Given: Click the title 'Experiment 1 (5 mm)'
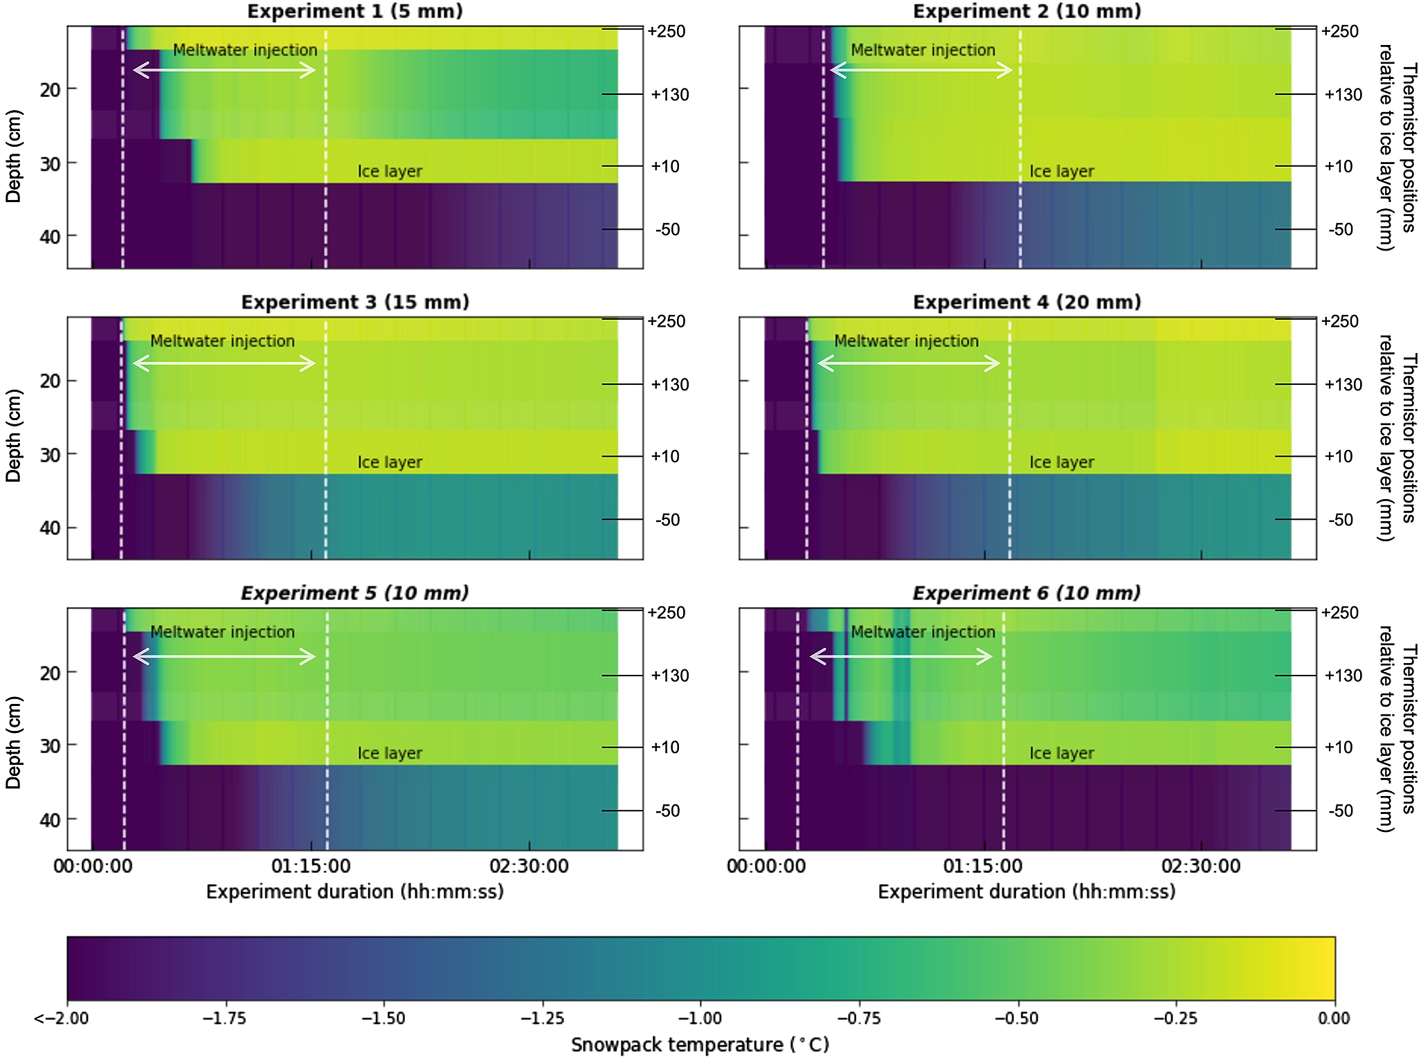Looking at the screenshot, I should pos(355,12).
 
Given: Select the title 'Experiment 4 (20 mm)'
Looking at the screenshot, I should pos(1026,302).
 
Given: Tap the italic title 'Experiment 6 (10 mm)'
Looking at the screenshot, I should pos(1026,593).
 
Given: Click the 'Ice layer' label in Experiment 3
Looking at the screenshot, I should pos(390,462).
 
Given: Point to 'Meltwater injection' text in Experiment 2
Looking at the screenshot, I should pos(923,51).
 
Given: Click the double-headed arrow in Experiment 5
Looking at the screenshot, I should pos(224,656).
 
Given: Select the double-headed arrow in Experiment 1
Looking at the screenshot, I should pos(224,70).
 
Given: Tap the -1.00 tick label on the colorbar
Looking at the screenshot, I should pos(700,1018).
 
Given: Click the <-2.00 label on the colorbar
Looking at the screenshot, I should pos(62,1018).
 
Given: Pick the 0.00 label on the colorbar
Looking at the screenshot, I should pos(1333,1018).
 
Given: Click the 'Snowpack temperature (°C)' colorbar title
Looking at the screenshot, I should pos(700,1044).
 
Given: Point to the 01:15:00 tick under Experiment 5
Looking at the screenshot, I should pos(311,866).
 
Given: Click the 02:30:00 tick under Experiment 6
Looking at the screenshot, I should pos(1201,866).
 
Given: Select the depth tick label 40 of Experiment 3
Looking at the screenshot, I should pos(50,528).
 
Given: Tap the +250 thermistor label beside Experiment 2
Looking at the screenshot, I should pos(1339,31).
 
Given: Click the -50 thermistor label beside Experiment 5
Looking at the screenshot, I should pos(667,811).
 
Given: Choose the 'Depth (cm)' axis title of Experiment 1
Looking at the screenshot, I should pos(13,156).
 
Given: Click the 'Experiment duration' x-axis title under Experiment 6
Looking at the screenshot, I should pos(1026,891).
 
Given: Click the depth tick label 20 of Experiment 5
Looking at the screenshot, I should pos(50,673).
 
